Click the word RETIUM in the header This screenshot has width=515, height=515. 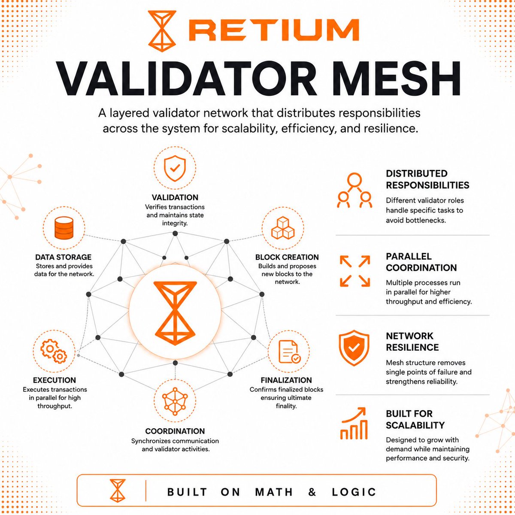point(274,30)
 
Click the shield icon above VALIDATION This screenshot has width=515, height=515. point(175,169)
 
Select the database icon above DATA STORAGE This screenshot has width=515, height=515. point(64,228)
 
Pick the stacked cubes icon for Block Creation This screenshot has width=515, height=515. point(283,228)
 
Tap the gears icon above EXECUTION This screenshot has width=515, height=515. point(54,351)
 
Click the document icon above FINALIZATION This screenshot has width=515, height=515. point(289,352)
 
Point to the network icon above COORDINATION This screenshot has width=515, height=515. point(175,401)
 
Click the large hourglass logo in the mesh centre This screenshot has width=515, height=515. point(175,313)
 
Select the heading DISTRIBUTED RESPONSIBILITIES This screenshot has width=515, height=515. point(427,179)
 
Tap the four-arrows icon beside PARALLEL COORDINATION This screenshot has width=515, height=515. point(355,271)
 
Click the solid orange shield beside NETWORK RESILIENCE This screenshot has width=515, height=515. point(354,348)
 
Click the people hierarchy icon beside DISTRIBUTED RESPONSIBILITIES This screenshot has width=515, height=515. point(354,190)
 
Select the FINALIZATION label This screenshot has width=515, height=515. point(286,380)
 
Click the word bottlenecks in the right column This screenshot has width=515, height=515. point(416,221)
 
